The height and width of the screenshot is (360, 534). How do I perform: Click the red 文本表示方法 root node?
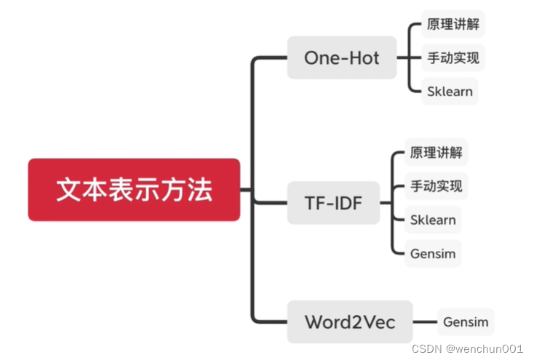(x=134, y=190)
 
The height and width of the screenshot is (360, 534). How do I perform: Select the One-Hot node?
(x=342, y=57)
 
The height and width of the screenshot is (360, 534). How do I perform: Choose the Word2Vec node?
(x=350, y=321)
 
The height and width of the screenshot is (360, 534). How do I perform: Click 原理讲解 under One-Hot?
(x=453, y=24)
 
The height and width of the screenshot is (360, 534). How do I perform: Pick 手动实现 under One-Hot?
(x=453, y=57)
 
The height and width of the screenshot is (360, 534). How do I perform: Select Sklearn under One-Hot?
(x=450, y=92)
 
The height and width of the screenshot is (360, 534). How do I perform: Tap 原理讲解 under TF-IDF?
(x=436, y=153)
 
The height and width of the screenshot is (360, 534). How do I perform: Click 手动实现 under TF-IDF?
(x=436, y=186)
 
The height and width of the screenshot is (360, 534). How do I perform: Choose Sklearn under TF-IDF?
(x=433, y=220)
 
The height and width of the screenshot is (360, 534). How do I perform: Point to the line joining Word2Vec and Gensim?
(x=425, y=321)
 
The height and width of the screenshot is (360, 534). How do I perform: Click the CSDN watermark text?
(x=427, y=348)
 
